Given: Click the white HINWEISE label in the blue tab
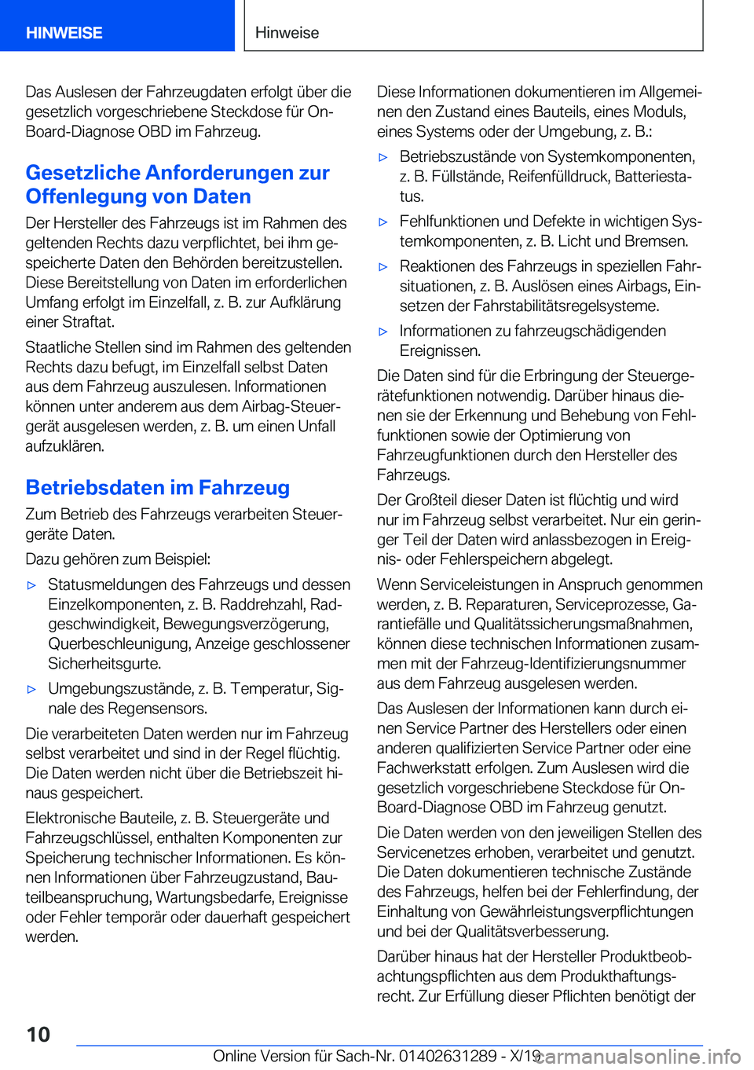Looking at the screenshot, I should [x=64, y=33].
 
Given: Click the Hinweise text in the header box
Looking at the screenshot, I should [x=287, y=33].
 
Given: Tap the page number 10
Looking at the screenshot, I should [x=38, y=1034].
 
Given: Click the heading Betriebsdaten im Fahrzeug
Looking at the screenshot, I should [x=157, y=488].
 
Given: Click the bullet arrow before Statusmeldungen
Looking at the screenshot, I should [x=31, y=585].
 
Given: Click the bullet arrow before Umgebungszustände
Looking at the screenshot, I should [x=31, y=689].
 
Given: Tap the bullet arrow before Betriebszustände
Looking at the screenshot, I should [x=383, y=157].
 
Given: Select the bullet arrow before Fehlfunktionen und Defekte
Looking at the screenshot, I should [x=383, y=222].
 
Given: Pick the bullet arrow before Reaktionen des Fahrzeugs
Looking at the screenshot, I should [x=383, y=267].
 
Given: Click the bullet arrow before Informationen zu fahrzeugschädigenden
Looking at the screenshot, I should [x=383, y=332].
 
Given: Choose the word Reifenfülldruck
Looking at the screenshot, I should [x=559, y=177].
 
